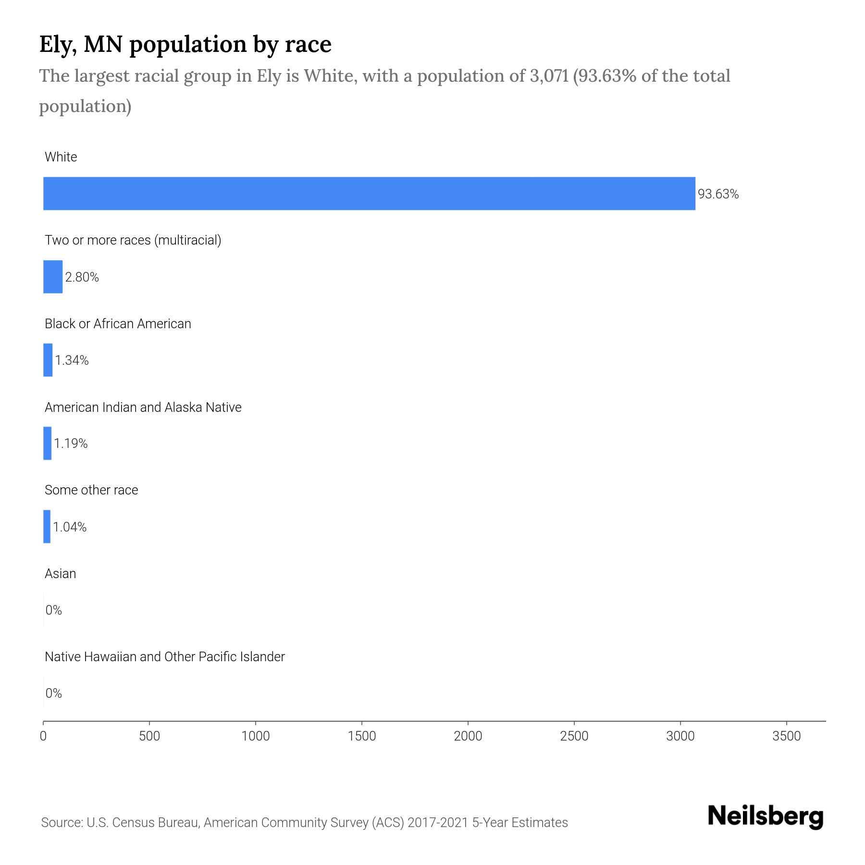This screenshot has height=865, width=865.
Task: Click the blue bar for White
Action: point(369,193)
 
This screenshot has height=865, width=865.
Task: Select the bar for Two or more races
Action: point(53,277)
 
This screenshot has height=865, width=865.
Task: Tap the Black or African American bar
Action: point(48,360)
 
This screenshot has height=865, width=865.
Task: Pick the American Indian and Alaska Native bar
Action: point(47,443)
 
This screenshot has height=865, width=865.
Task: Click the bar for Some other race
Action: point(47,527)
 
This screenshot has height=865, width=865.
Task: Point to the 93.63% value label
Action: point(718,194)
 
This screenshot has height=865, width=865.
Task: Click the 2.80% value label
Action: point(82,277)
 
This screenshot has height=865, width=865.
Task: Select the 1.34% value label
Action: point(72,360)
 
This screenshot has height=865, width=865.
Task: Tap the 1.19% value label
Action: point(71,444)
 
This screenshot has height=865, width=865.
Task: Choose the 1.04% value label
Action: point(70,527)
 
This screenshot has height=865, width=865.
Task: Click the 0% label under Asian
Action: point(54,610)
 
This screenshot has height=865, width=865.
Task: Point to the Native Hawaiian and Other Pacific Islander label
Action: point(164,656)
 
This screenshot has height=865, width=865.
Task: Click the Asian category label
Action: point(60,573)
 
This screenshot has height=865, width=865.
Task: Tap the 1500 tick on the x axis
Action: point(362,736)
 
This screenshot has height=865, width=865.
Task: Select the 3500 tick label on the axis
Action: point(786,736)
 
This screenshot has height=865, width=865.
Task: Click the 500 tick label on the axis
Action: point(149,736)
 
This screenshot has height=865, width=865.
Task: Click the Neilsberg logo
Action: point(766,816)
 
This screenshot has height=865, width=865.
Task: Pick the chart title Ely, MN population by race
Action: point(185,44)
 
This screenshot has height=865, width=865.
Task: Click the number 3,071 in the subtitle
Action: point(549,76)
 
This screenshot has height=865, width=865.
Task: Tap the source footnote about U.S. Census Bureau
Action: point(304,823)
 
